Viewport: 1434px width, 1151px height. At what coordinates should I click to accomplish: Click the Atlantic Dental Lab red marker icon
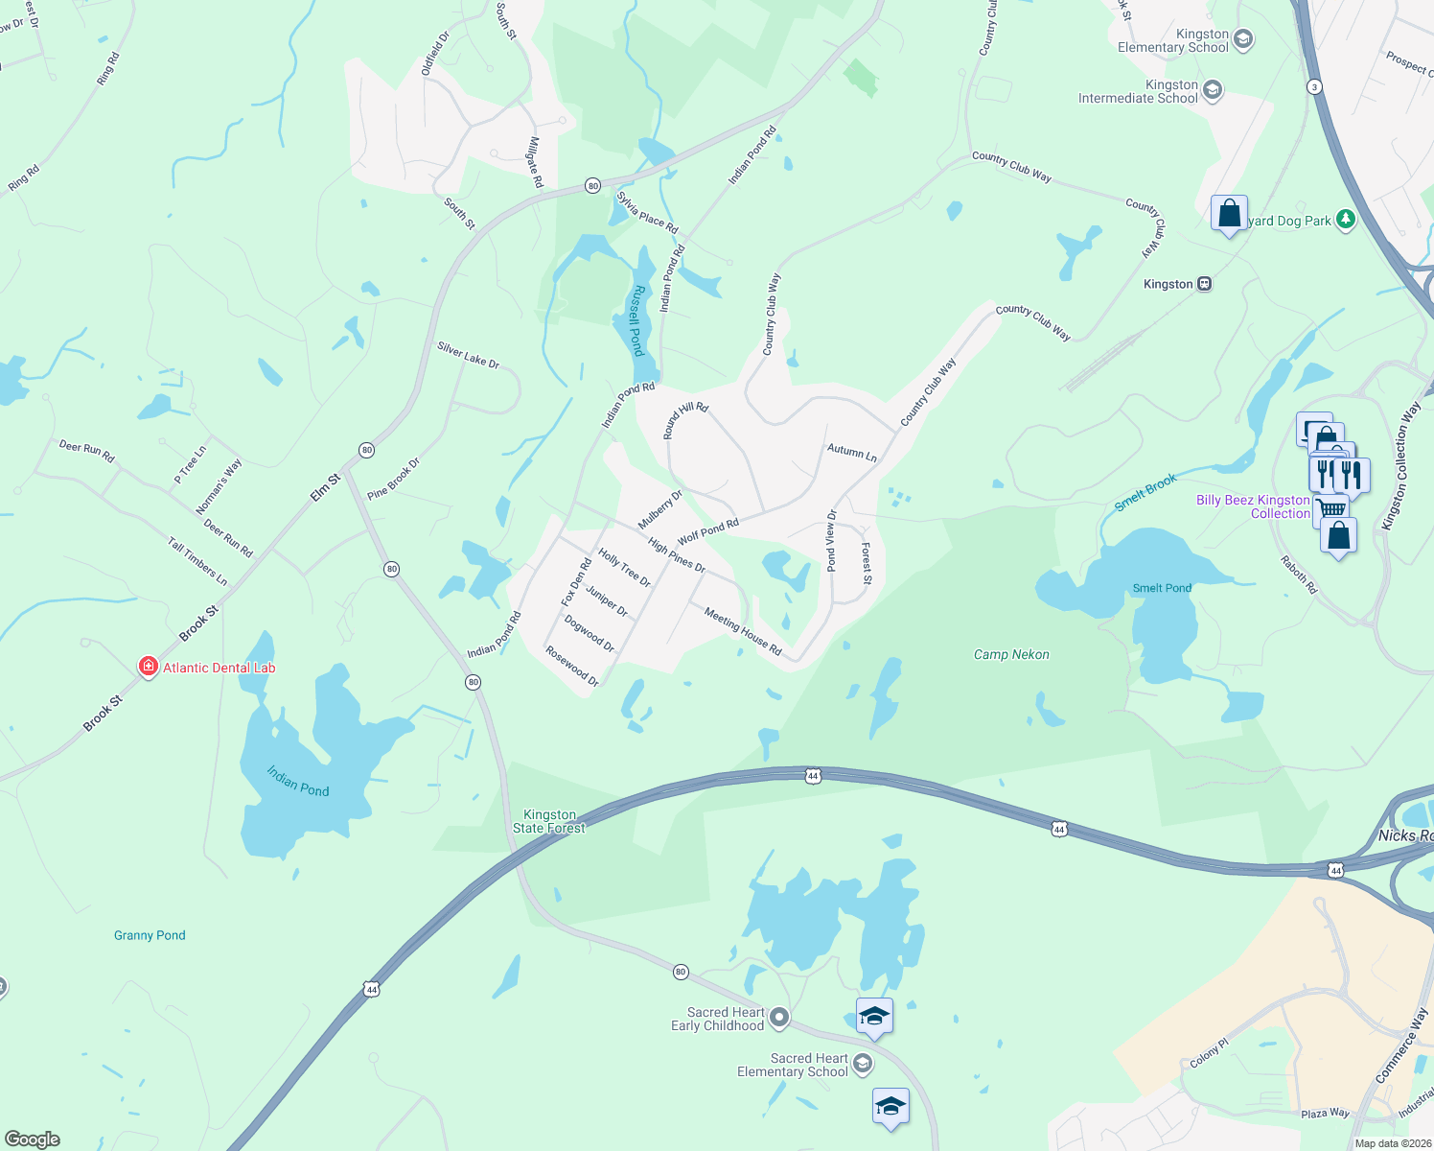[x=148, y=667]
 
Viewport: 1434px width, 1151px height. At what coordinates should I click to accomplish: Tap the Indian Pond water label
[x=297, y=781]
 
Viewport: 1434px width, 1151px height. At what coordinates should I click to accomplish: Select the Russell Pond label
[x=636, y=321]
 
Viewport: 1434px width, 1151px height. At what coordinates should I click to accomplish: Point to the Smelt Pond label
[x=1162, y=588]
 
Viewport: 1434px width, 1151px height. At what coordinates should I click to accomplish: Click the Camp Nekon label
[x=1011, y=654]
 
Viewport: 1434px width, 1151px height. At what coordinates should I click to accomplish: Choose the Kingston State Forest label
[x=549, y=821]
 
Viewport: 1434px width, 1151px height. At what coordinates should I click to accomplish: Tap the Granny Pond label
[x=150, y=935]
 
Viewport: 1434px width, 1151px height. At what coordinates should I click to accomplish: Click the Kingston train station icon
[x=1205, y=284]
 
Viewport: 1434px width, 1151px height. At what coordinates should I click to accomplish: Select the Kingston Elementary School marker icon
[x=1243, y=39]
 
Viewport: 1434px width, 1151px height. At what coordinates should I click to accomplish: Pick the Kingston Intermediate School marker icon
[x=1213, y=91]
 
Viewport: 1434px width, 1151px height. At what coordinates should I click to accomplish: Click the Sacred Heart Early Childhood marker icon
[x=779, y=1017]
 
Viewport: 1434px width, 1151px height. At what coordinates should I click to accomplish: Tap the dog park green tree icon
[x=1346, y=220]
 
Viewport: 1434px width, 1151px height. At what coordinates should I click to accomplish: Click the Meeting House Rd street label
[x=743, y=632]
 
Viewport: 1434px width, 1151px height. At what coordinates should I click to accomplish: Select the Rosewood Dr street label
[x=572, y=666]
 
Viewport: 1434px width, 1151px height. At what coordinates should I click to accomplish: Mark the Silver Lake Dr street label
[x=468, y=355]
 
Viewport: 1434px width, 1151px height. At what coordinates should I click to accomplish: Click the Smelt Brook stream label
[x=1145, y=493]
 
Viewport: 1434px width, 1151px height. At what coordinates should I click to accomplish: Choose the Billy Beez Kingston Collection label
[x=1253, y=506]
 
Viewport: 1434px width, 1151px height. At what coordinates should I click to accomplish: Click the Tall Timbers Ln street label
[x=197, y=562]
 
